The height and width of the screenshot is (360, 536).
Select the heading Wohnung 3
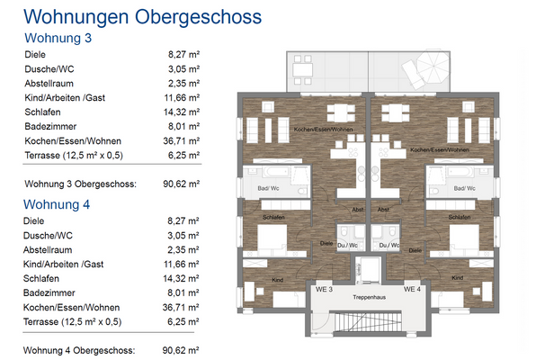pyautogui.click(x=58, y=38)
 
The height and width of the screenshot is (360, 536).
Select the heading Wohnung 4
pyautogui.click(x=58, y=204)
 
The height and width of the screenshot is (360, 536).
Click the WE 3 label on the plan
pyautogui.click(x=325, y=290)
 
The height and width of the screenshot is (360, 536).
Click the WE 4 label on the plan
pyautogui.click(x=412, y=290)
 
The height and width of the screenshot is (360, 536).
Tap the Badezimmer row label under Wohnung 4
pyautogui.click(x=50, y=292)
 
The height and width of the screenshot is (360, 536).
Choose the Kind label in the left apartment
pyautogui.click(x=276, y=279)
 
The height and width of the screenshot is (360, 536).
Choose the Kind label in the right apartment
pyautogui.click(x=457, y=277)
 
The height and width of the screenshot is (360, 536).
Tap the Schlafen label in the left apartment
pyautogui.click(x=274, y=218)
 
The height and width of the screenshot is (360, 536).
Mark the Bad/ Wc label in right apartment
pyautogui.click(x=464, y=188)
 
